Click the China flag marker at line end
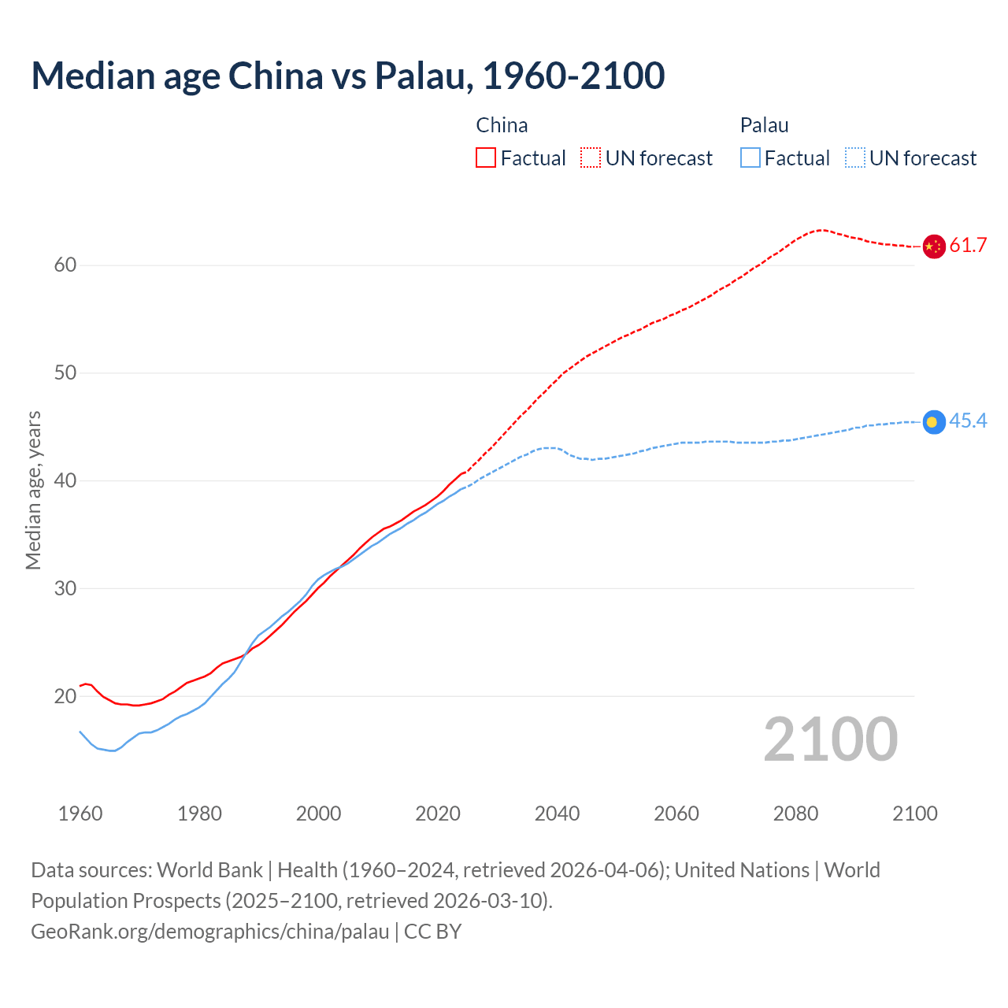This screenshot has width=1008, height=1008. point(933,246)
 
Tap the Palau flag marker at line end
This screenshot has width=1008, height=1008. point(933,422)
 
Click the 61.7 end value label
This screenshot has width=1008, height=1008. point(968,246)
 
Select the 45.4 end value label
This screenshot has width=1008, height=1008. point(968,421)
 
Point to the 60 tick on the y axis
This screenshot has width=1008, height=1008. point(65,265)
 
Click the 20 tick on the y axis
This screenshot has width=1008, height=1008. point(65,696)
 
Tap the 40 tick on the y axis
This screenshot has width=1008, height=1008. point(65,480)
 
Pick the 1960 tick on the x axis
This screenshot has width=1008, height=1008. point(80,813)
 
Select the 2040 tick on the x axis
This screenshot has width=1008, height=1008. point(557,813)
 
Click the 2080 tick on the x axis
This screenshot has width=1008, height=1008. point(795,813)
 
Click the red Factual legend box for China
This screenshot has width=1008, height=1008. point(486,158)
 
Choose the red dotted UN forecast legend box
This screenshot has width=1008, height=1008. point(591,158)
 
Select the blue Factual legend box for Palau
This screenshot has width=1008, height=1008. point(750,158)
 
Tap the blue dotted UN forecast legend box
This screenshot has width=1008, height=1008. point(855,158)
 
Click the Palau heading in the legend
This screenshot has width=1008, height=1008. point(764,125)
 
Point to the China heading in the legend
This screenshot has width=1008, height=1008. point(502,125)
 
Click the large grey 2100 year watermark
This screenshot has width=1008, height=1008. point(830,739)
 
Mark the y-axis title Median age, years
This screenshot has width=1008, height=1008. point(33,490)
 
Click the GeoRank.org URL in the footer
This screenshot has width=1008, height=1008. point(210,932)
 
